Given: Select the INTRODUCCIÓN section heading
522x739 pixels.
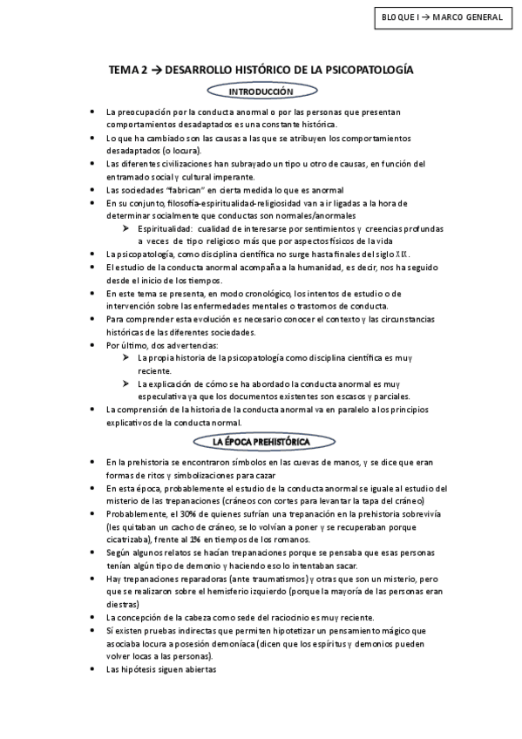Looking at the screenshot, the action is [261, 91].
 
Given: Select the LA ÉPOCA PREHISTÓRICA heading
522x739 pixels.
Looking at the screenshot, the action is [261, 442].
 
